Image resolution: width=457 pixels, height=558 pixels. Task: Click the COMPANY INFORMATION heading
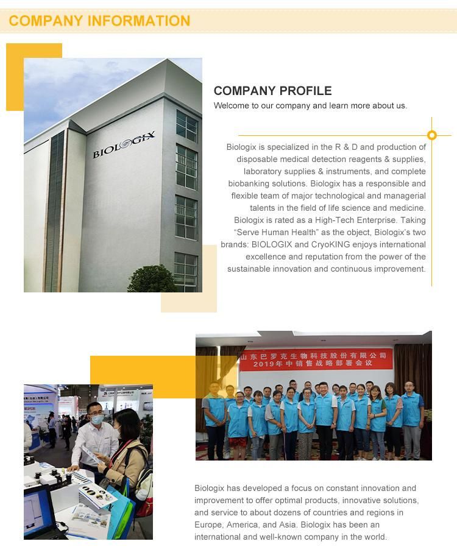coord(99,21)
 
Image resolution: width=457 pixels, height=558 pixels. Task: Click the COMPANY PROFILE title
coord(272,91)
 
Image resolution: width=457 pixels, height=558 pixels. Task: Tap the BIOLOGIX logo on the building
coord(124,144)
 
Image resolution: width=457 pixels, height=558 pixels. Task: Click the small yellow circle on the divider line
coord(432,135)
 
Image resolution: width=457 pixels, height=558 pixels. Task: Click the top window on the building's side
coord(186,126)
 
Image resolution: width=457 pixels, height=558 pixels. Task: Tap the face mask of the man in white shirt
coord(96,420)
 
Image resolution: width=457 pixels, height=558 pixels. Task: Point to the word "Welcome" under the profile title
coord(230,105)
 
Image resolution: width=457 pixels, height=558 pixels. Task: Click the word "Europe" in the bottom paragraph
coord(208,524)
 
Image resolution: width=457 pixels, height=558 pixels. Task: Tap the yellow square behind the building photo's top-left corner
coord(15,76)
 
